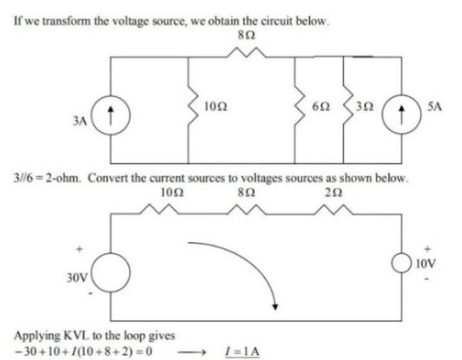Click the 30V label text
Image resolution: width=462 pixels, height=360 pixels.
click(77, 278)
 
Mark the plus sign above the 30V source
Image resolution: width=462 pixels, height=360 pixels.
click(80, 246)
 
